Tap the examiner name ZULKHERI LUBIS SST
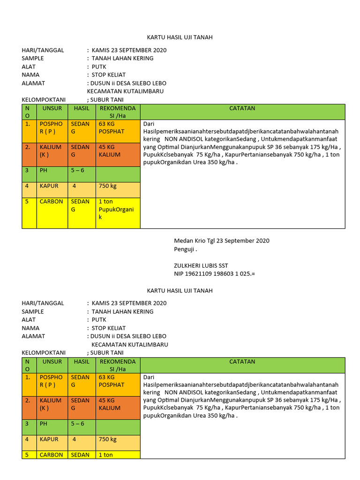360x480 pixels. tap(201, 265)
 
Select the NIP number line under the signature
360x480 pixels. tap(214, 273)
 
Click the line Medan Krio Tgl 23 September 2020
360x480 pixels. tap(222, 240)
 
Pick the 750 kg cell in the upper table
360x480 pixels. tap(108, 186)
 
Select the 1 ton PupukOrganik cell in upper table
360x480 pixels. tap(116, 209)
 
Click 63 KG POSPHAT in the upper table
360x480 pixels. tap(112, 127)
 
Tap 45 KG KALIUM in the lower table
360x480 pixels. tap(109, 404)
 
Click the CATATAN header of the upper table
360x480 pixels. tap(242, 108)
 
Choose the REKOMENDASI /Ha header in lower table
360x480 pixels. tap(118, 365)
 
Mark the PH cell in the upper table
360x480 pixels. tap(43, 170)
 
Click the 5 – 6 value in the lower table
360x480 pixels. tap(77, 424)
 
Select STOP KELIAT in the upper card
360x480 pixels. tap(109, 75)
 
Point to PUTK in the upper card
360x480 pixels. tap(99, 67)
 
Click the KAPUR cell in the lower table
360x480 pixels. tap(49, 439)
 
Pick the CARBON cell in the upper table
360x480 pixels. tap(51, 202)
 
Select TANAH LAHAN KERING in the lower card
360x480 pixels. tap(122, 312)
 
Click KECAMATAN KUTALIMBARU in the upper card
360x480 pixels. tap(125, 91)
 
